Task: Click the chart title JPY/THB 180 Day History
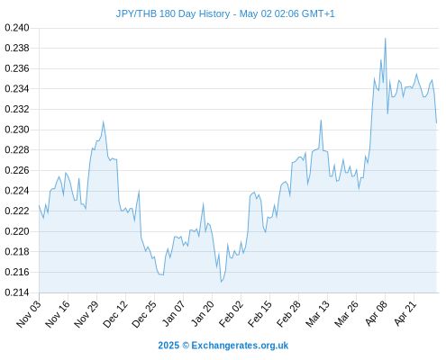pos(173,13)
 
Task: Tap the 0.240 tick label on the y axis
pos(17,28)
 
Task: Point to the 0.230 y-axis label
pos(17,130)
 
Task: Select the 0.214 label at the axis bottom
pos(17,292)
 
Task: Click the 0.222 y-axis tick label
pos(17,211)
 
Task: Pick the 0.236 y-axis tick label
pos(17,68)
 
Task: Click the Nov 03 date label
pos(29,314)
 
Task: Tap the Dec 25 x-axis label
pos(144,314)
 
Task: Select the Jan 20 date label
pos(202,314)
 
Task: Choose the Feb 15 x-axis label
pos(259,314)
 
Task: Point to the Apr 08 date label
pos(376,314)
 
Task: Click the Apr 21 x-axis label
pos(405,314)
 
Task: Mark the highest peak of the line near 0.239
pos(386,39)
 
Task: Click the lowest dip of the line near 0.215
pos(221,282)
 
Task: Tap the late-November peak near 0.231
pos(104,121)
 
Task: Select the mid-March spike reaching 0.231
pos(321,121)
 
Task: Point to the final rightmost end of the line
pos(436,122)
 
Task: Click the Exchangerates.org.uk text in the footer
pos(240,346)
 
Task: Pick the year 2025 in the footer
pos(168,346)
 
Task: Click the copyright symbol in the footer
pos(186,346)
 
